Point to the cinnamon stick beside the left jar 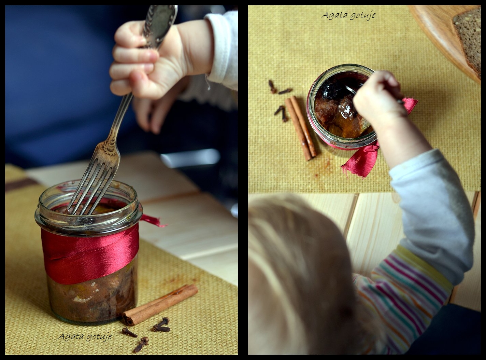pos(160,305)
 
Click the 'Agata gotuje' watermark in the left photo pos(85,337)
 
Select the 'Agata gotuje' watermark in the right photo pos(349,15)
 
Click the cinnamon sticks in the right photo pos(301,128)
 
